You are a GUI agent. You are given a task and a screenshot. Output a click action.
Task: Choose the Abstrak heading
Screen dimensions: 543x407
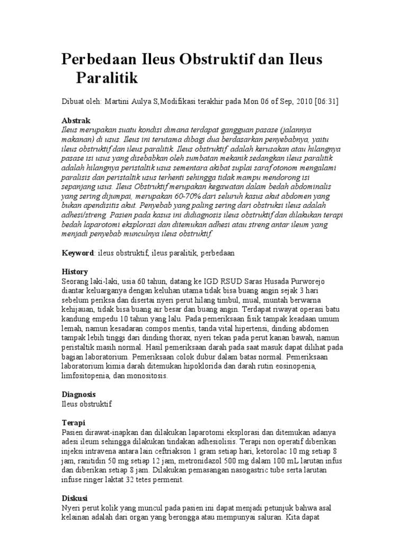click(76, 121)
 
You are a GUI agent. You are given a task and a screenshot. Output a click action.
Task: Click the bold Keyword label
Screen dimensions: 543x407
click(78, 253)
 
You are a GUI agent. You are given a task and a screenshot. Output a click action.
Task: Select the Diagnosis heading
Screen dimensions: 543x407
click(79, 395)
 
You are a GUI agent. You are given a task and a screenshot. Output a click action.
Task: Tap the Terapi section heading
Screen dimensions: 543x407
click(74, 423)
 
